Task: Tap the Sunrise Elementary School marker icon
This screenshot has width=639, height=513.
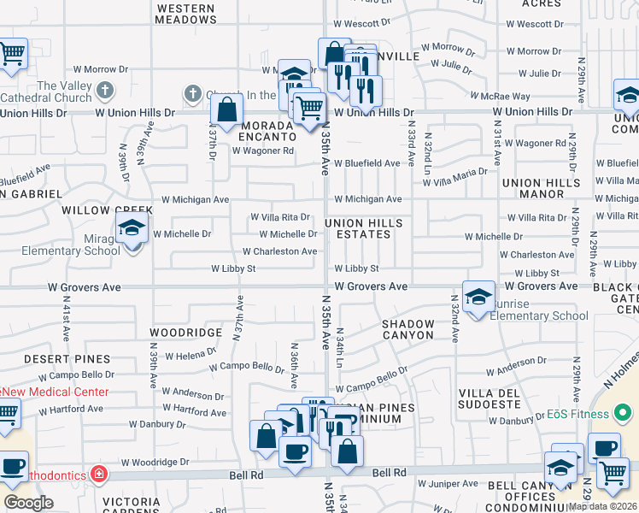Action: (479, 298)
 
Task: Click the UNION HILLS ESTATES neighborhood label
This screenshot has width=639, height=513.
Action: (364, 228)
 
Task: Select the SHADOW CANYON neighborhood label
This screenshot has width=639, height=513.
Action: (409, 329)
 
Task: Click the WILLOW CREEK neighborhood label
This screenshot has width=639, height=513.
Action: (97, 209)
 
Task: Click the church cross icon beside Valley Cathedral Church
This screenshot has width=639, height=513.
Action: (104, 90)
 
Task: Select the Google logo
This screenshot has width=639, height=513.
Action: (29, 502)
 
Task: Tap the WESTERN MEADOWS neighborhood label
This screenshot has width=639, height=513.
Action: (186, 13)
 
